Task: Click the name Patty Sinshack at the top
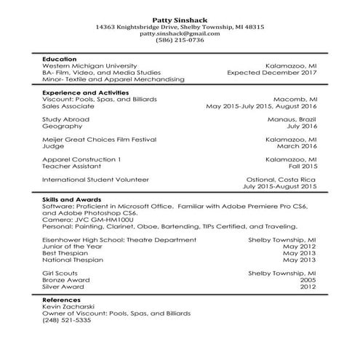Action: [180, 18]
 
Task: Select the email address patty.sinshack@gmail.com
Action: [180, 33]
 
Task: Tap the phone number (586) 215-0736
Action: [180, 41]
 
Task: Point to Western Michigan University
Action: [89, 65]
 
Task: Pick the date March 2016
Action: [296, 145]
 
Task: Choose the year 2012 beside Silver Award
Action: [308, 286]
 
